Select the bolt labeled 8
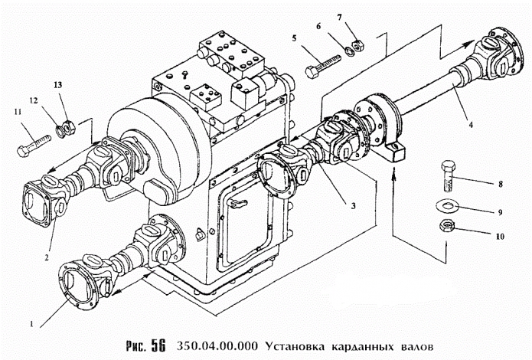click(x=447, y=178)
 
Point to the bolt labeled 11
click(x=33, y=143)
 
